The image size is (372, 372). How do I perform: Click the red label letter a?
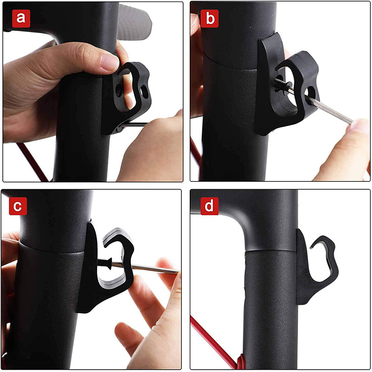tap(21, 19)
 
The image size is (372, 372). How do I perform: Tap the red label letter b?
tap(210, 19)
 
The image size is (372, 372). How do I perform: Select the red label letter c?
tap(18, 206)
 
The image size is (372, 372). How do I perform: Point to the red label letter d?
tap(210, 206)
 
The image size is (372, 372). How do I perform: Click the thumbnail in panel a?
tap(110, 61)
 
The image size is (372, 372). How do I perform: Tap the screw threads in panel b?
tap(279, 84)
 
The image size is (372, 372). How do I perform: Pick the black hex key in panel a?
tap(133, 125)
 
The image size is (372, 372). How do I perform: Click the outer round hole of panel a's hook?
tap(144, 91)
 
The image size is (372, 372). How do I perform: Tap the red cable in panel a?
tap(32, 161)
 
